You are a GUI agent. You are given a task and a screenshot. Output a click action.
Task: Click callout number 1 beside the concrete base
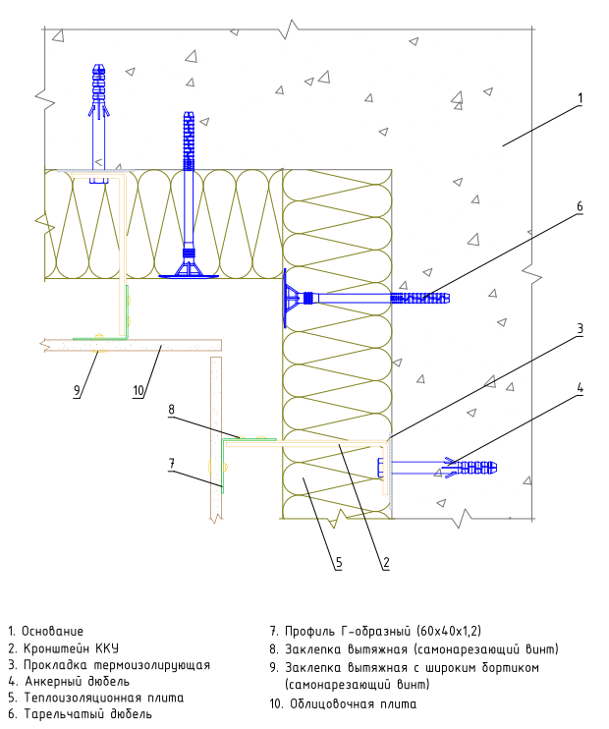580,98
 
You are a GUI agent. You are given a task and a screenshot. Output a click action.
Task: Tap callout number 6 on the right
580,206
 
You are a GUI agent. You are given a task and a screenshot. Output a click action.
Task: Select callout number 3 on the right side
581,329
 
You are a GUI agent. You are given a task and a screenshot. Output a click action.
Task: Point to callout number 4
581,388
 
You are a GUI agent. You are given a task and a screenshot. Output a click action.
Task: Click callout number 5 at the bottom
339,563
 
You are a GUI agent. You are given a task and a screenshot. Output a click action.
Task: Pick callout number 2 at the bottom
386,563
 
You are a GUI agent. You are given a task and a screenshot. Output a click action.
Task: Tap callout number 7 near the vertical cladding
172,464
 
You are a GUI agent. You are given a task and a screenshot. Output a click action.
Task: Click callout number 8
172,410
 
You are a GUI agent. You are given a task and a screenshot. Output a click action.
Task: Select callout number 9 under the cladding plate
78,391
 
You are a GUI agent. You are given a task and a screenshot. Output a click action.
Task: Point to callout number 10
138,391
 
